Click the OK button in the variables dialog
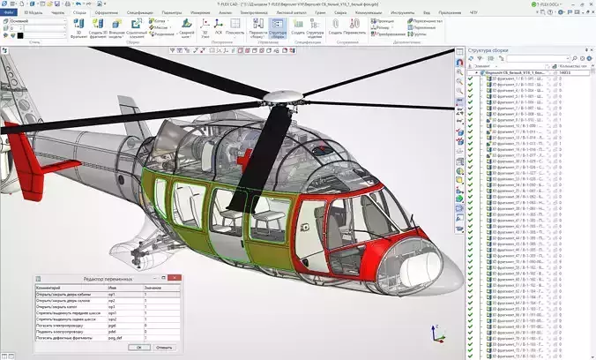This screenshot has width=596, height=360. point(138,348)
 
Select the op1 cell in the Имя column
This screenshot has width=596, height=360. point(113,294)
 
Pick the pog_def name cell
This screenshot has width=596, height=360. point(115,337)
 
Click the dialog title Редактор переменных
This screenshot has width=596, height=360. point(88,278)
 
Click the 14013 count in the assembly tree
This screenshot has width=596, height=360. point(565,72)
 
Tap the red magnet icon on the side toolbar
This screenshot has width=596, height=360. point(459,64)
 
